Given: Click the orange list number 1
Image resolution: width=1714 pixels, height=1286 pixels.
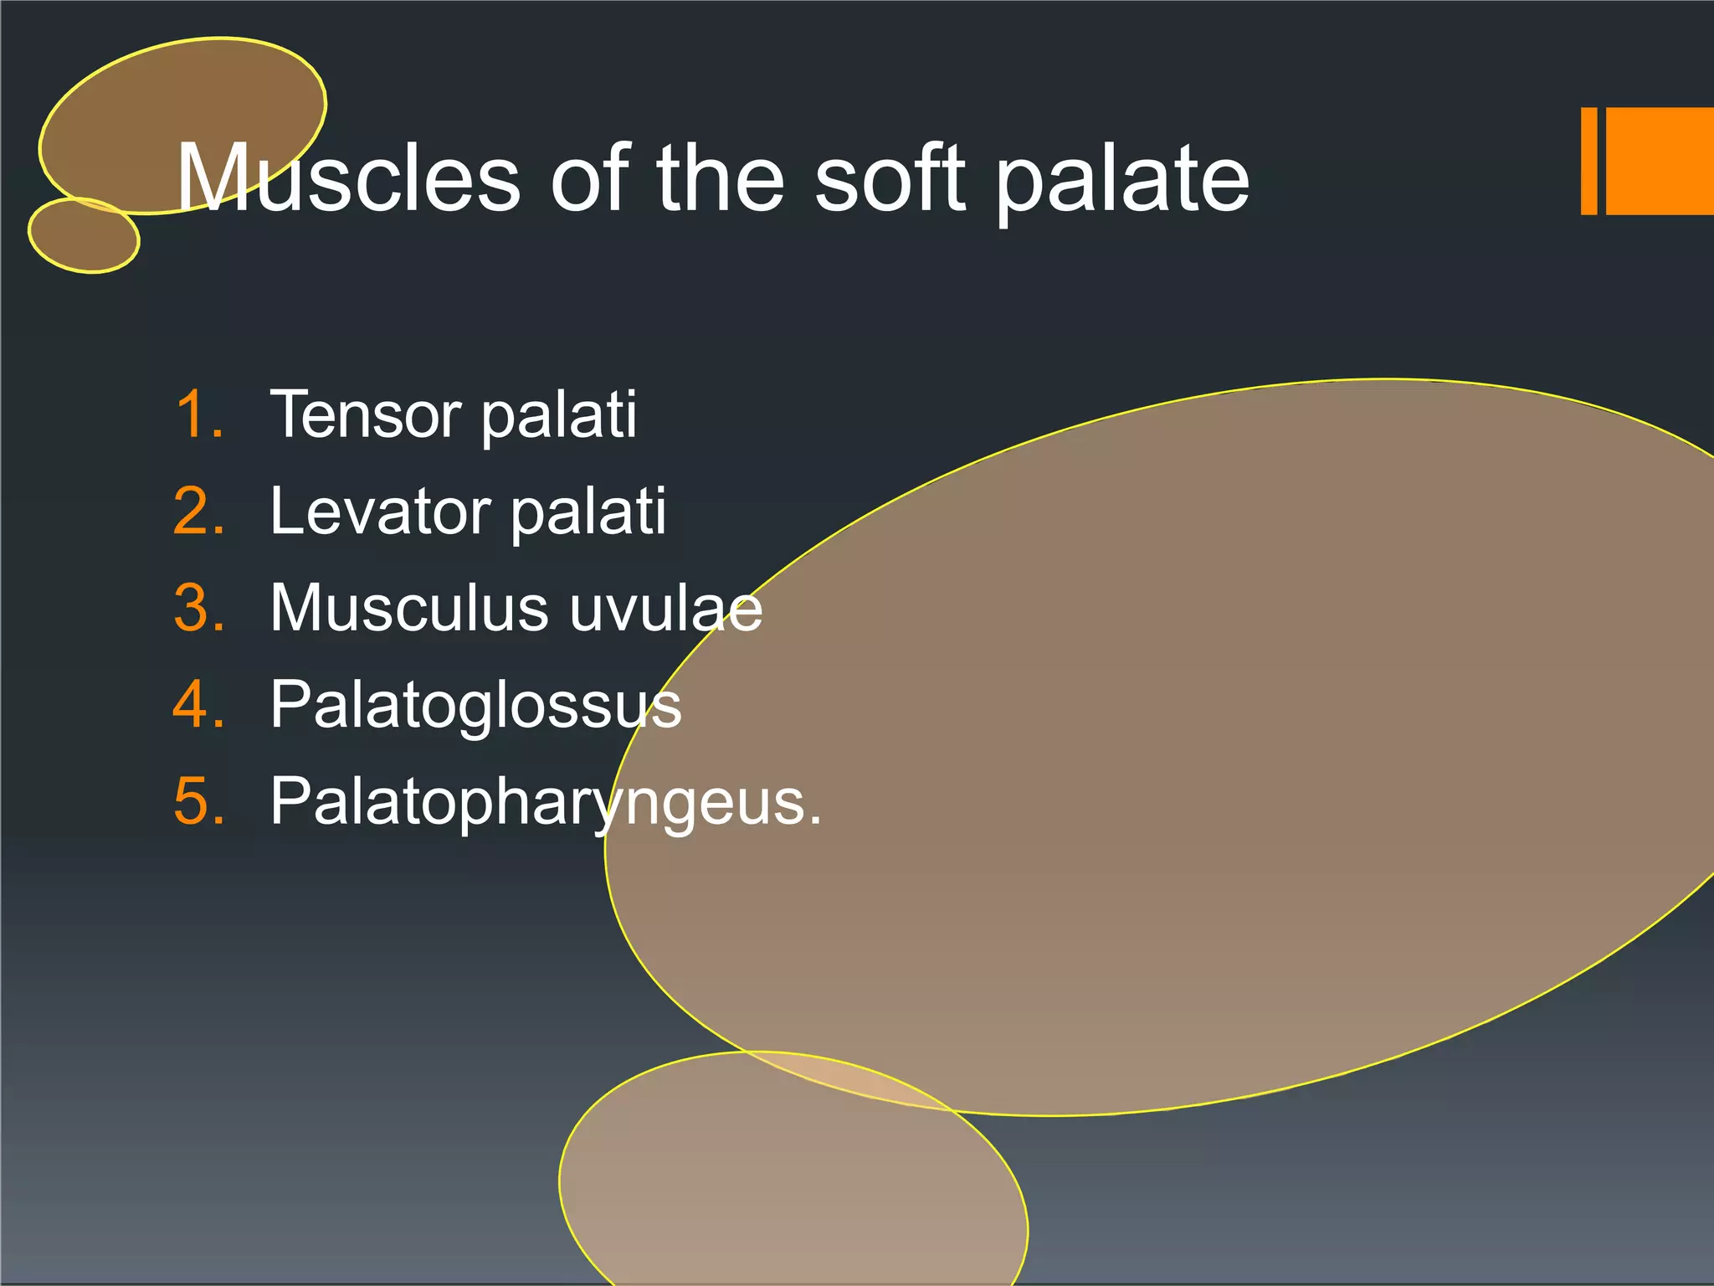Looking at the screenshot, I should [199, 414].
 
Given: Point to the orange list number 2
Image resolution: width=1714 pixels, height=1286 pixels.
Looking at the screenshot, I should [199, 511].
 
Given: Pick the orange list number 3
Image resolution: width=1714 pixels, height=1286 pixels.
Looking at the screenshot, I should [199, 607].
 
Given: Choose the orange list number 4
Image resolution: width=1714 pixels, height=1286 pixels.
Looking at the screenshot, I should [199, 704].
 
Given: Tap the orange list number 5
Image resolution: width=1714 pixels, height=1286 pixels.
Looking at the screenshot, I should [199, 801].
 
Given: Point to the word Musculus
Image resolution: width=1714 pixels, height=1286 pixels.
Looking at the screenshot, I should [410, 607].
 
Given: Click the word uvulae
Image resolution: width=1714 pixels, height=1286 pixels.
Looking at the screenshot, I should [666, 609].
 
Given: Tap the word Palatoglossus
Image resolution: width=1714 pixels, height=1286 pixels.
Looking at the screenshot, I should [475, 706].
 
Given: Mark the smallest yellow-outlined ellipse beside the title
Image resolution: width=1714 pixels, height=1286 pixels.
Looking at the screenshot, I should [84, 235].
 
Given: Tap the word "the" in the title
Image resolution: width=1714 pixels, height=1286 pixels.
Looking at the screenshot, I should [720, 177].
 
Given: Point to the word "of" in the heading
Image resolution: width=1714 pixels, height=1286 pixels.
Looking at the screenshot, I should [591, 177].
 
